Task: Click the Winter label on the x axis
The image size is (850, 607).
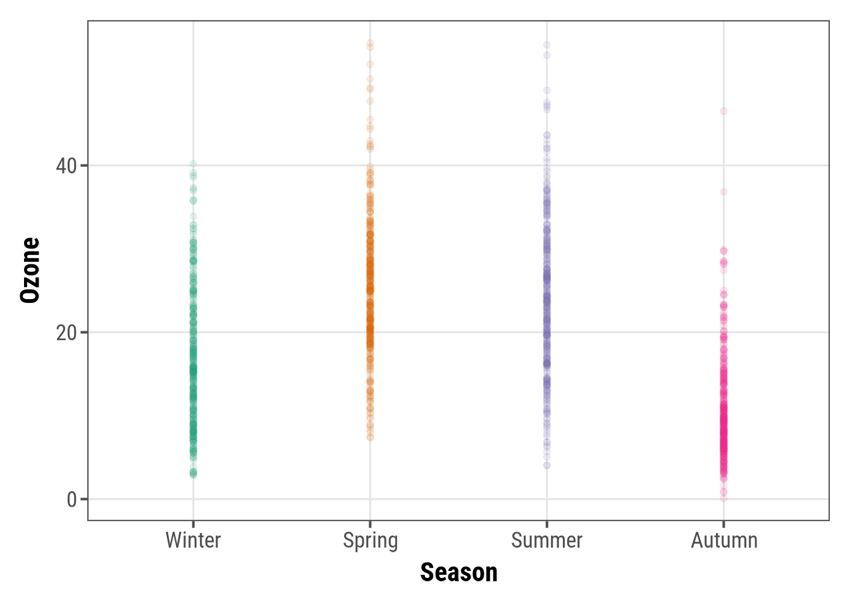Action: tap(193, 541)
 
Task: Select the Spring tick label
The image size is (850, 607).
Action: tap(370, 541)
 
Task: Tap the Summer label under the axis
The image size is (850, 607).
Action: tap(546, 541)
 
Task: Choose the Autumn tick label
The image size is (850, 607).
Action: tap(724, 541)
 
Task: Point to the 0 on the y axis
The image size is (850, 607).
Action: tap(72, 500)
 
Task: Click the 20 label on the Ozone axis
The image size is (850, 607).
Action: tap(66, 333)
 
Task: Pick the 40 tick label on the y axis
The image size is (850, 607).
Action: tap(66, 166)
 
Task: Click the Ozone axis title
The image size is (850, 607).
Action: tap(30, 271)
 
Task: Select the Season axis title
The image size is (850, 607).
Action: tap(459, 572)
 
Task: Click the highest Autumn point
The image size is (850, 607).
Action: tap(724, 111)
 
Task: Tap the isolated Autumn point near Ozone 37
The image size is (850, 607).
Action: tap(724, 192)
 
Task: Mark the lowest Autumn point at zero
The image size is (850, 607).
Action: tap(724, 498)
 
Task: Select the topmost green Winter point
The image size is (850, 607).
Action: tap(194, 164)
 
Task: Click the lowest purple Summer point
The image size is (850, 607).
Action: tap(547, 465)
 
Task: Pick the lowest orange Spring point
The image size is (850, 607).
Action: tap(370, 437)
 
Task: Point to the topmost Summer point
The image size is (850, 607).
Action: tap(547, 45)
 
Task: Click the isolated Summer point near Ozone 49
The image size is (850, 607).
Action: tap(547, 90)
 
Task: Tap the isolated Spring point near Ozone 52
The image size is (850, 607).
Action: tap(370, 64)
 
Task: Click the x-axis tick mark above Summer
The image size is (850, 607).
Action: tap(547, 524)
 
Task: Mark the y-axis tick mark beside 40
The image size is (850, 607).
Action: tap(84, 166)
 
